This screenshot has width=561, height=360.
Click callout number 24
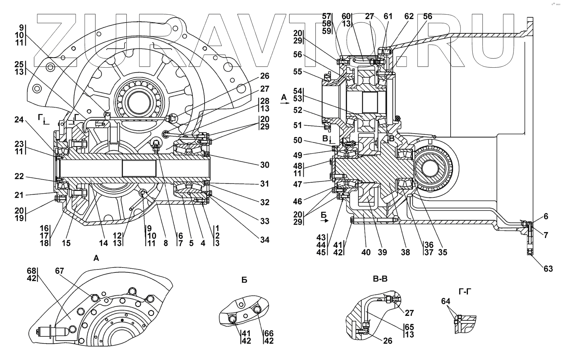pyautogui.click(x=19, y=120)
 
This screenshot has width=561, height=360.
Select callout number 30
pyautogui.click(x=265, y=165)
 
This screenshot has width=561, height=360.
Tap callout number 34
pyautogui.click(x=265, y=240)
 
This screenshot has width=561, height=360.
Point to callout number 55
pyautogui.click(x=298, y=71)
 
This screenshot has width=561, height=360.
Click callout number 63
pyautogui.click(x=548, y=269)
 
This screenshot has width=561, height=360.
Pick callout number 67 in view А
pyautogui.click(x=59, y=271)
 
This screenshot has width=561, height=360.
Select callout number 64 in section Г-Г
pyautogui.click(x=446, y=301)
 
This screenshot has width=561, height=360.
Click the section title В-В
pyautogui.click(x=380, y=279)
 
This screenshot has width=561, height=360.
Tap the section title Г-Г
pyautogui.click(x=465, y=292)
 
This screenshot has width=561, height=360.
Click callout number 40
pyautogui.click(x=366, y=252)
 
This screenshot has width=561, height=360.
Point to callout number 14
pyautogui.click(x=104, y=243)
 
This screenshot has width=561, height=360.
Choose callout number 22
pyautogui.click(x=19, y=176)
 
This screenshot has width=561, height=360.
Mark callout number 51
pyautogui.click(x=298, y=125)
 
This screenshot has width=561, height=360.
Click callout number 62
pyautogui.click(x=409, y=16)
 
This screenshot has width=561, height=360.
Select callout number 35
pyautogui.click(x=442, y=252)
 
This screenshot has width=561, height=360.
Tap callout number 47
pyautogui.click(x=298, y=184)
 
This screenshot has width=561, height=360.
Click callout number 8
pyautogui.click(x=166, y=243)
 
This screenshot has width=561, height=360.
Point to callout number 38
pyautogui.click(x=405, y=252)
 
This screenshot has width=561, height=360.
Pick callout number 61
pyautogui.click(x=388, y=16)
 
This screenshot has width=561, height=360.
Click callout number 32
pyautogui.click(x=265, y=202)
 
